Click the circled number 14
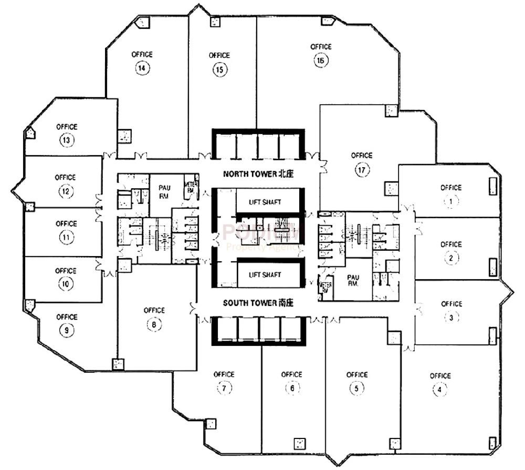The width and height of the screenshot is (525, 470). click(x=141, y=68)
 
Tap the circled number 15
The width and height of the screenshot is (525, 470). click(x=219, y=69)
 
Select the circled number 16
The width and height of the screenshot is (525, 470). click(x=321, y=61)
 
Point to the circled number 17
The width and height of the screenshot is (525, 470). click(x=362, y=170)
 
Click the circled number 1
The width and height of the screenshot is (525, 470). click(x=450, y=201)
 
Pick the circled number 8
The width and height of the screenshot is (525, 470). click(x=153, y=324)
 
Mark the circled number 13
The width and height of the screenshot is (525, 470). click(x=67, y=140)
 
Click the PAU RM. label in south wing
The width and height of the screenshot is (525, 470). click(x=353, y=280)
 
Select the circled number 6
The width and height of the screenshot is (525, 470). click(x=291, y=389)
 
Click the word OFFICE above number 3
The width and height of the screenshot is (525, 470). click(x=451, y=303)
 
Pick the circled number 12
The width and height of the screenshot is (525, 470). click(x=66, y=191)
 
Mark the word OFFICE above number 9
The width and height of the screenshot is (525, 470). click(x=67, y=317)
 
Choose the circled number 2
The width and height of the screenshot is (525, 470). click(x=450, y=258)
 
